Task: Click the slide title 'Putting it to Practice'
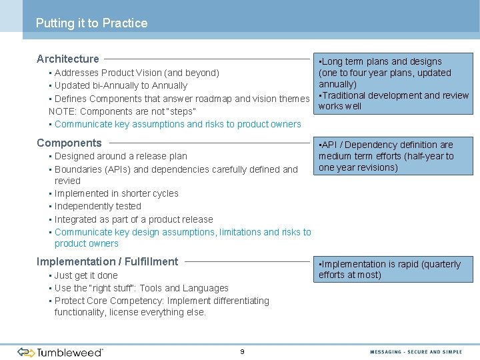point(91,23)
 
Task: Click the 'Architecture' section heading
point(68,59)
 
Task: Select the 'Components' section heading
point(69,143)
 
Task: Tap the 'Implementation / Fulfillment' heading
point(107,262)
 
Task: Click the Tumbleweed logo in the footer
point(60,351)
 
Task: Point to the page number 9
point(242,351)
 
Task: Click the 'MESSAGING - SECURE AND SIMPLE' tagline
point(416,351)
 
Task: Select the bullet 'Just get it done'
point(86,275)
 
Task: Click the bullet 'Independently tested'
point(98,207)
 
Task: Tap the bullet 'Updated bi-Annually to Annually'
point(121,85)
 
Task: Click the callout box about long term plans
point(393,84)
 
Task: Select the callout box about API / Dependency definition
point(393,156)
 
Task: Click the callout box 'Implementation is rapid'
point(393,269)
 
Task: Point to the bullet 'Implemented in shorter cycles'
point(117,194)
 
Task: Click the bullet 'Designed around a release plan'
point(121,156)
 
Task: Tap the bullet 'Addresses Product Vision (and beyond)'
point(137,73)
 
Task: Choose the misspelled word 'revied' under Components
point(67,181)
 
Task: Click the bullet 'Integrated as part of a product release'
point(134,219)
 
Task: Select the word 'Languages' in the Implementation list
point(206,288)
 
